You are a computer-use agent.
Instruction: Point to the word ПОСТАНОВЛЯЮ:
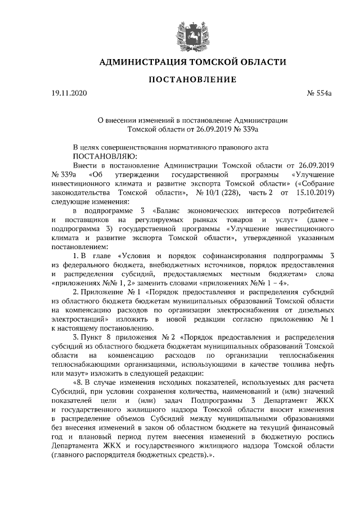(x=101, y=156)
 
